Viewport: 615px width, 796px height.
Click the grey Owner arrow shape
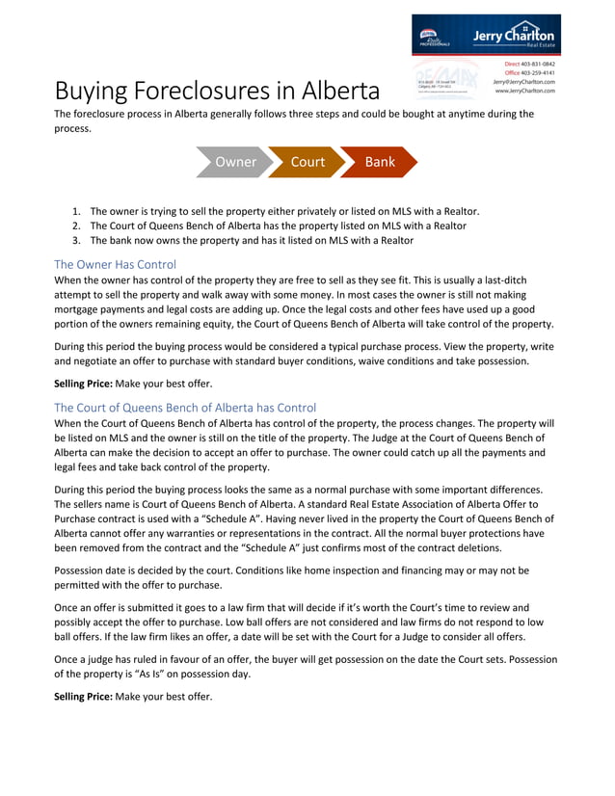coord(234,162)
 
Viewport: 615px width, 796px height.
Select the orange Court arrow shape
coord(307,162)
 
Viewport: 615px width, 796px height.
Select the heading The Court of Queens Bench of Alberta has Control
coord(184,408)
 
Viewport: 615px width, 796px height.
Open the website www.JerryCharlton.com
coord(525,91)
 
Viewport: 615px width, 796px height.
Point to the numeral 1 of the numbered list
coord(76,210)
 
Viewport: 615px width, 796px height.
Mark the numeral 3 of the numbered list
coord(76,240)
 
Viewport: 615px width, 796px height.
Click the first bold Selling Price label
coord(82,384)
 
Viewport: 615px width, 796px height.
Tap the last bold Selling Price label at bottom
coord(82,696)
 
